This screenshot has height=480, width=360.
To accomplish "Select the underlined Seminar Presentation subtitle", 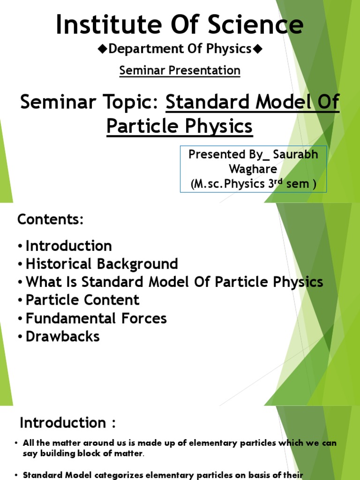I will [x=180, y=70].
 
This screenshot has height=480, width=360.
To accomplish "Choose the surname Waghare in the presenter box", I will [x=253, y=169].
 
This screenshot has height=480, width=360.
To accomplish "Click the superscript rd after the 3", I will [x=279, y=181].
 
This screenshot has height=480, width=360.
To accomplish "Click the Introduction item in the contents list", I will [x=68, y=246].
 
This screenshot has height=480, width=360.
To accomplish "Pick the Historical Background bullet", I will [x=102, y=264].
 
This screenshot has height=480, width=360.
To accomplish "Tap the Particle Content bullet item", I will [x=82, y=300].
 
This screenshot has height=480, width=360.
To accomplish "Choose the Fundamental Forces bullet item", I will [x=96, y=318].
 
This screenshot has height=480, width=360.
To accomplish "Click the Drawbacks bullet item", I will [x=62, y=337].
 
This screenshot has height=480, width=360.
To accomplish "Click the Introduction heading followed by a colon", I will [x=67, y=423].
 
